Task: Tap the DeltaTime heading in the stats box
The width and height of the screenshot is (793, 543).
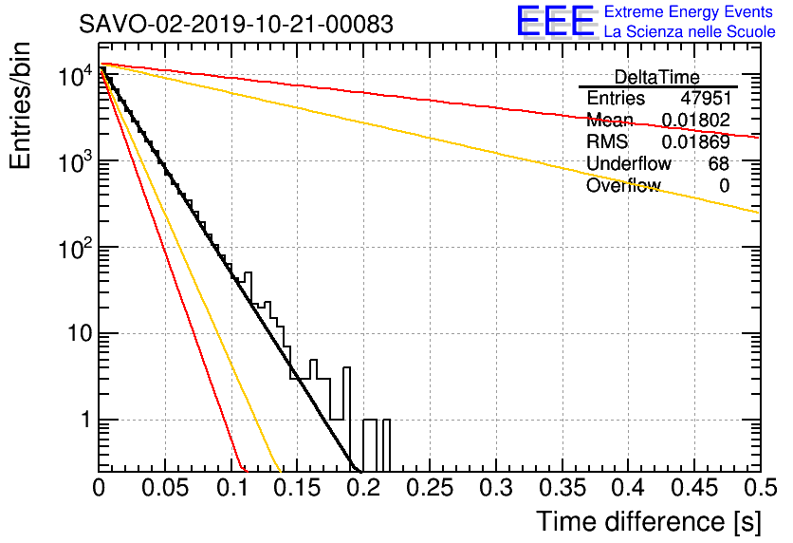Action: tap(657, 77)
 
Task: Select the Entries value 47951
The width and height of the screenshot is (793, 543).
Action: tap(705, 99)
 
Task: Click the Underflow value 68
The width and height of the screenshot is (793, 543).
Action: tap(718, 164)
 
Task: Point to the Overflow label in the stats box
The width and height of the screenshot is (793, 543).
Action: tap(622, 186)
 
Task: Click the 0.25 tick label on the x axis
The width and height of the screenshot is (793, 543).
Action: tap(429, 488)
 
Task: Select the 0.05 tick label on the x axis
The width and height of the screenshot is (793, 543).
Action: tap(165, 488)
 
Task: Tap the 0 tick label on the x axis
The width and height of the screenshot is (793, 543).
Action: tap(99, 488)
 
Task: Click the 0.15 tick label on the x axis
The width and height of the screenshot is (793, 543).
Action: tap(297, 488)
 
